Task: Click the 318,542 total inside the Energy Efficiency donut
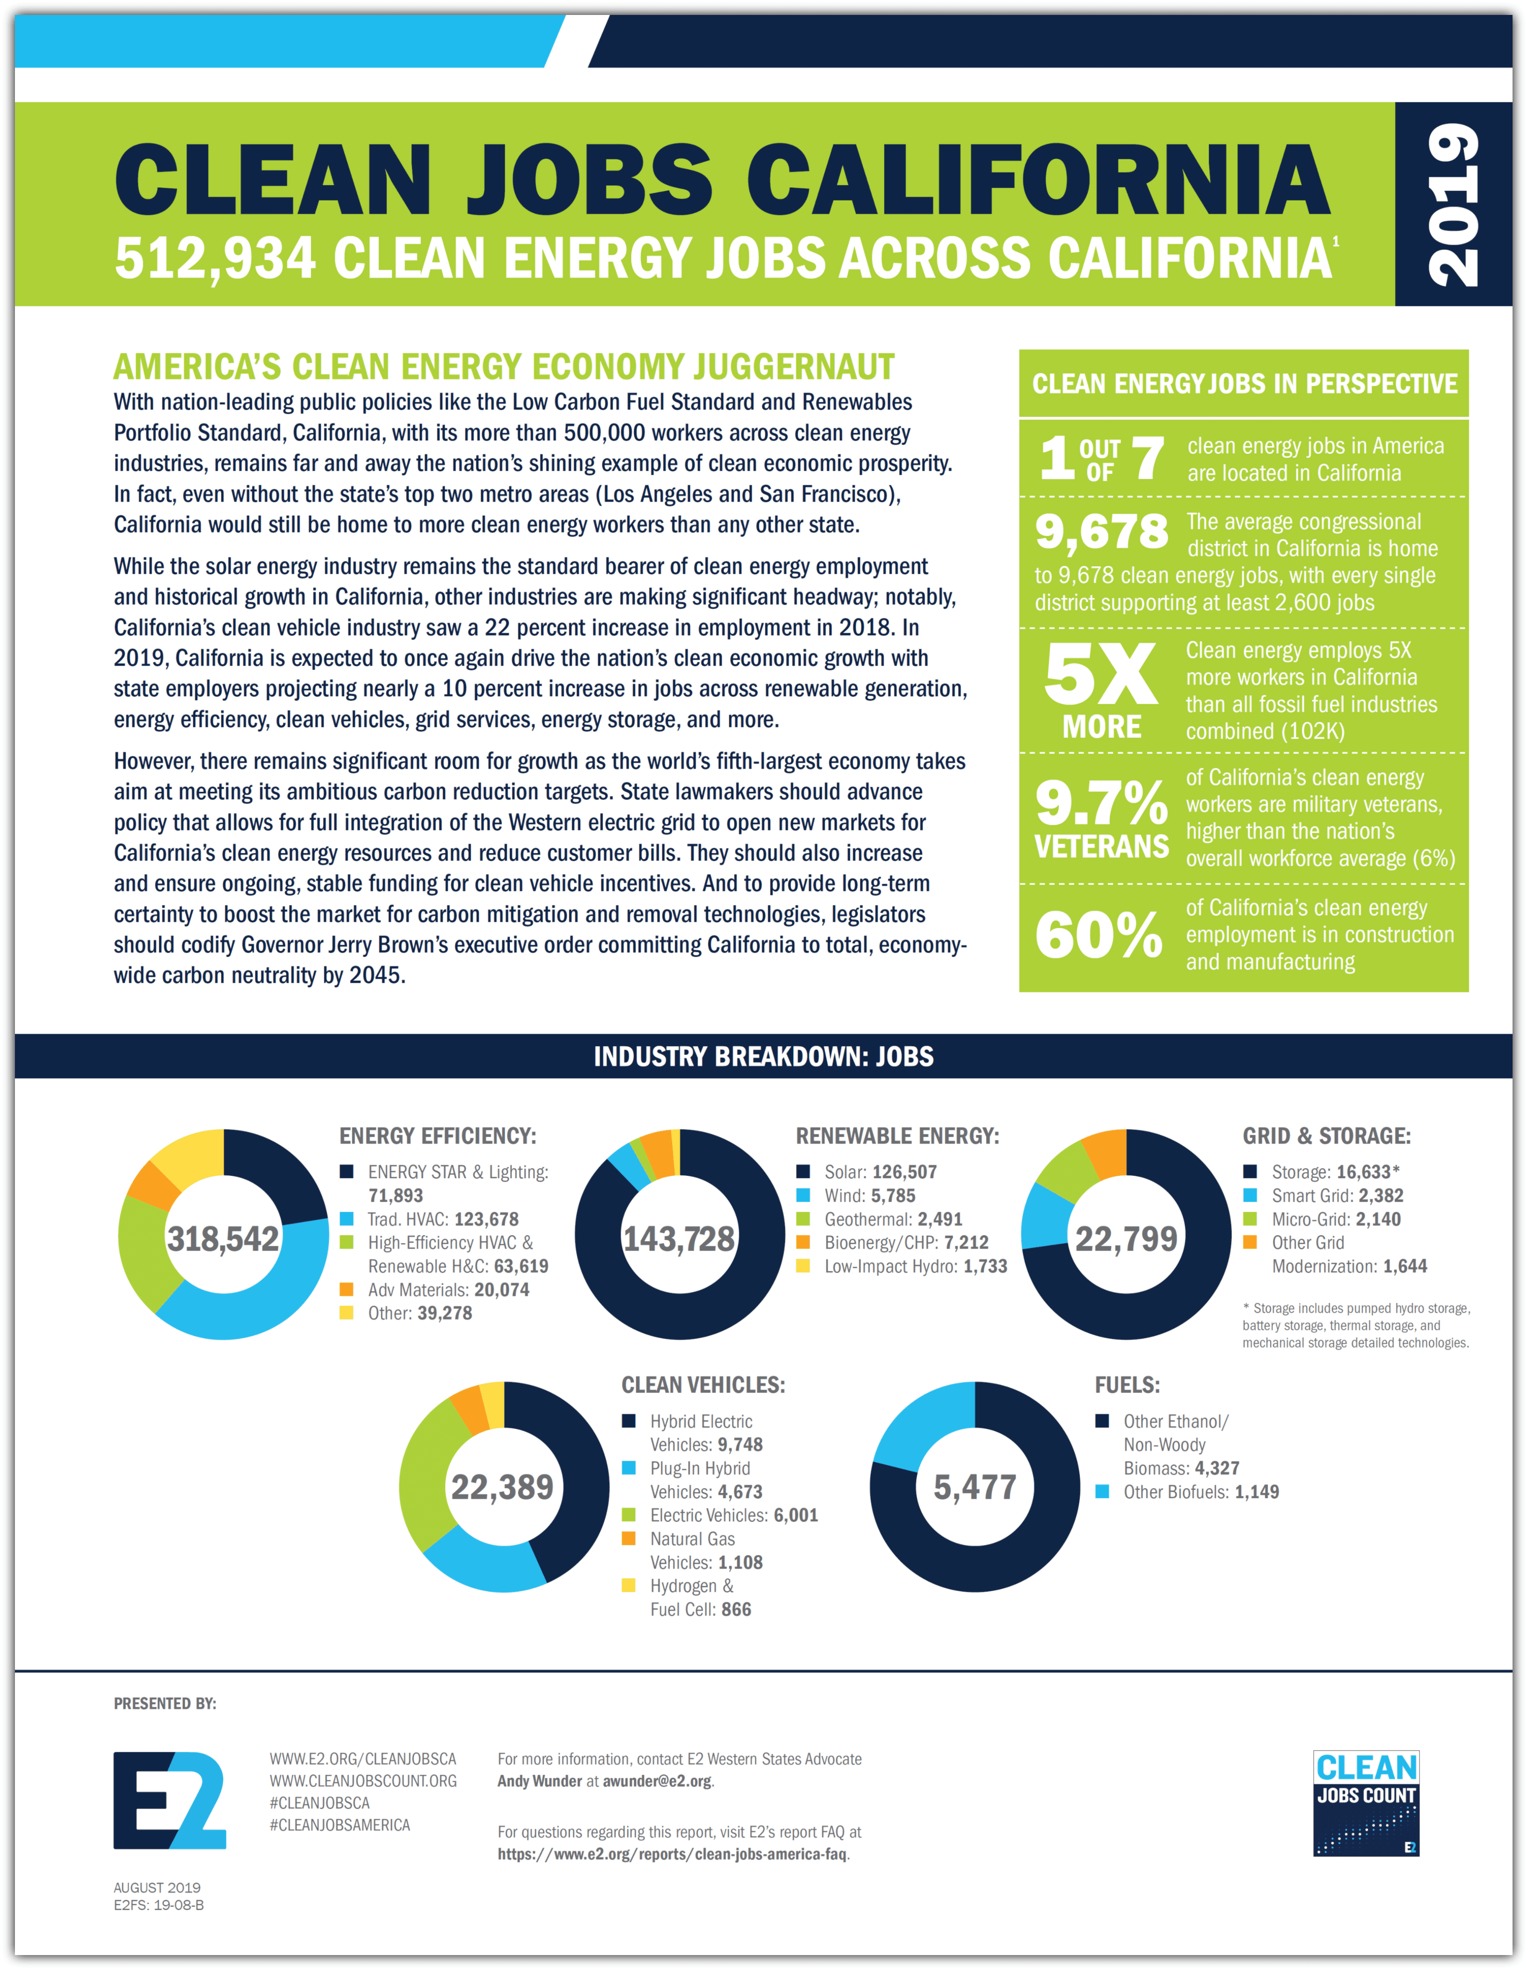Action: [223, 1238]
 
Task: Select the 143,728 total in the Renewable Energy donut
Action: [679, 1238]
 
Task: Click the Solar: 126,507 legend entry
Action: [879, 1171]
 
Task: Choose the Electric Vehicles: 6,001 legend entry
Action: [733, 1516]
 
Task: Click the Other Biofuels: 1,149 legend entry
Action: [1200, 1492]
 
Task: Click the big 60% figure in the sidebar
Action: [1099, 935]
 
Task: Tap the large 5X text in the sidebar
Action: [1101, 675]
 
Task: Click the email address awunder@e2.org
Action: [657, 1782]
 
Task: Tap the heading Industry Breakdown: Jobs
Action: [763, 1056]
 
